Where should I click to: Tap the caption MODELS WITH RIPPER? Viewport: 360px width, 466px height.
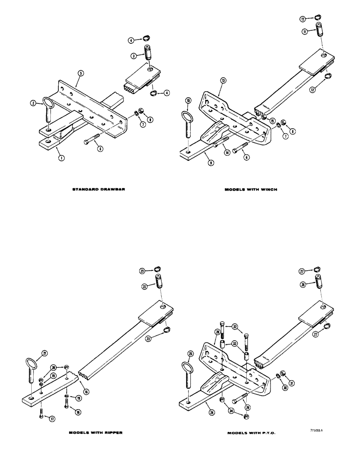96,432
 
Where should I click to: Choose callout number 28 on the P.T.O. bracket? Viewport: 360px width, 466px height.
218,331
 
